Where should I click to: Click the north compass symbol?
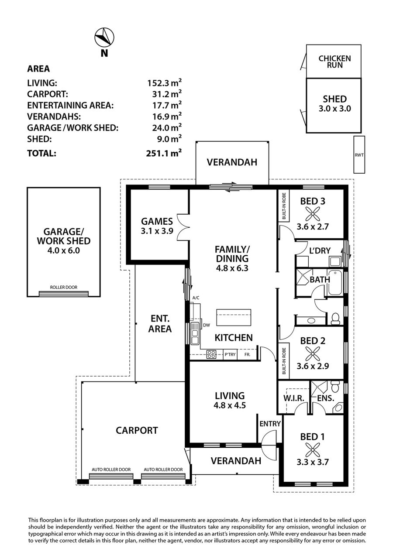click(104, 37)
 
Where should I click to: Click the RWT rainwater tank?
click(359, 154)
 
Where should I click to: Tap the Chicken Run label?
click(334, 62)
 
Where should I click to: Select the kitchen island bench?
click(234, 317)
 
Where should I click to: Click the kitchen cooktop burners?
click(211, 354)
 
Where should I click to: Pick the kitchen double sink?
click(194, 333)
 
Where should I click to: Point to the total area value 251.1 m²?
click(164, 153)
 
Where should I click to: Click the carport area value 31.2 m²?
click(167, 94)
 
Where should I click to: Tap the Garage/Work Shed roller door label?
click(64, 287)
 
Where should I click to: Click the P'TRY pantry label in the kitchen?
click(230, 354)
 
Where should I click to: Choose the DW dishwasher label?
click(207, 325)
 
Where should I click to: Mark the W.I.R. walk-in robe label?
click(293, 398)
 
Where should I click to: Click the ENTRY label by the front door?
click(270, 424)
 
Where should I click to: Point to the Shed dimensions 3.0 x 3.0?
click(334, 109)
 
